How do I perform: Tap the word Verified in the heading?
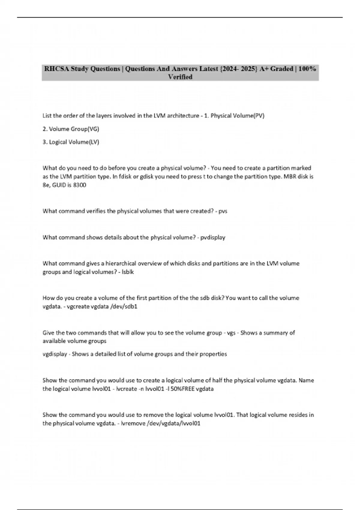(180, 77)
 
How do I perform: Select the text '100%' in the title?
(307, 69)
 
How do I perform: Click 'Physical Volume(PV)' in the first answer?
(237, 116)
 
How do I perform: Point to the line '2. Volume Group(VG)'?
(71, 129)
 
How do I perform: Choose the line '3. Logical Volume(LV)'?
(71, 142)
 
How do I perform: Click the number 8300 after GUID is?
(79, 185)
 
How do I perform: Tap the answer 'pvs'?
(223, 211)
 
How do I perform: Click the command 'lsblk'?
(128, 272)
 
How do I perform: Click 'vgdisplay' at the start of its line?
(55, 354)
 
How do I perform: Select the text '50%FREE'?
(182, 389)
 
